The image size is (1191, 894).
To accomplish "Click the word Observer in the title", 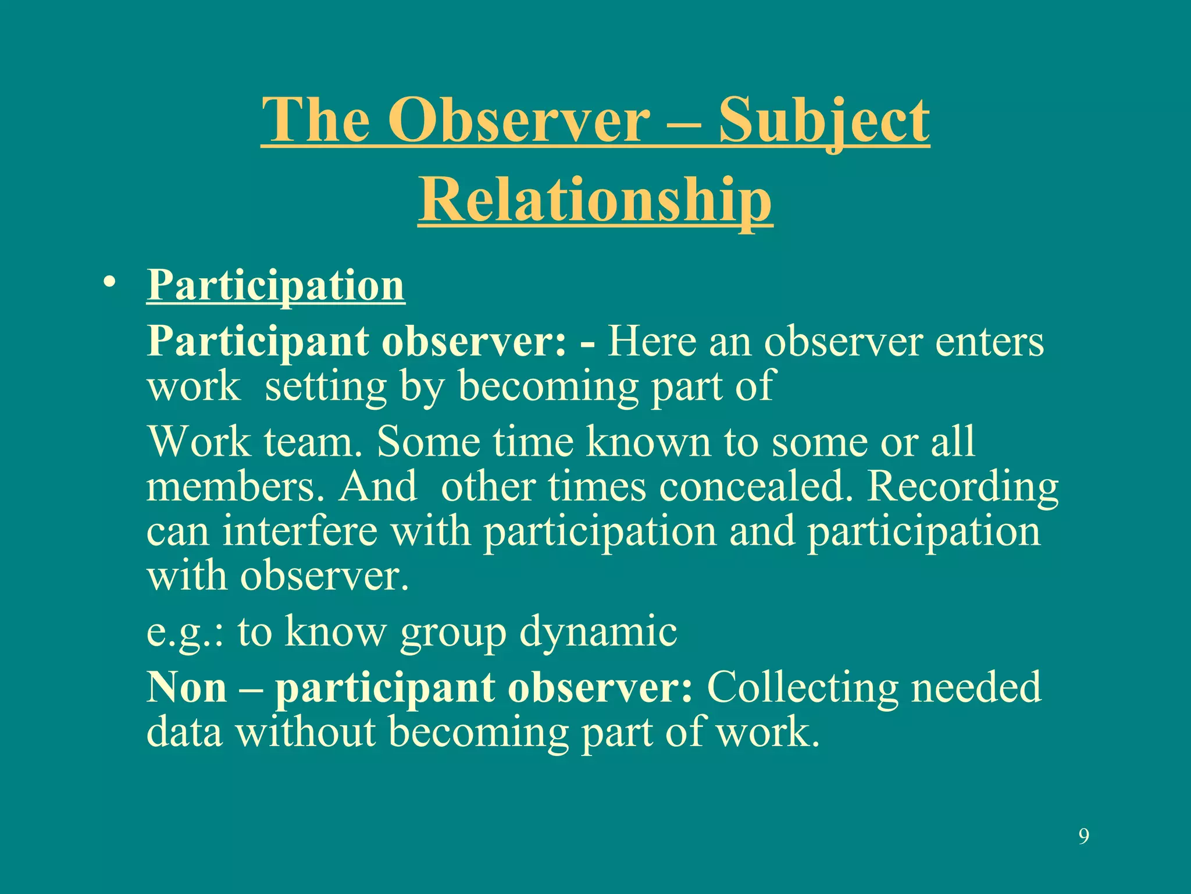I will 519,120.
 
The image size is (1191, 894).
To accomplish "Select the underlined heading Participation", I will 276,286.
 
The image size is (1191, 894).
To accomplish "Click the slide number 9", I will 1083,836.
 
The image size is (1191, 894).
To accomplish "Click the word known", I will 648,442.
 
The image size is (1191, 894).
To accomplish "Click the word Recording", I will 962,488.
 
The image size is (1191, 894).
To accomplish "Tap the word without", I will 305,732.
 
